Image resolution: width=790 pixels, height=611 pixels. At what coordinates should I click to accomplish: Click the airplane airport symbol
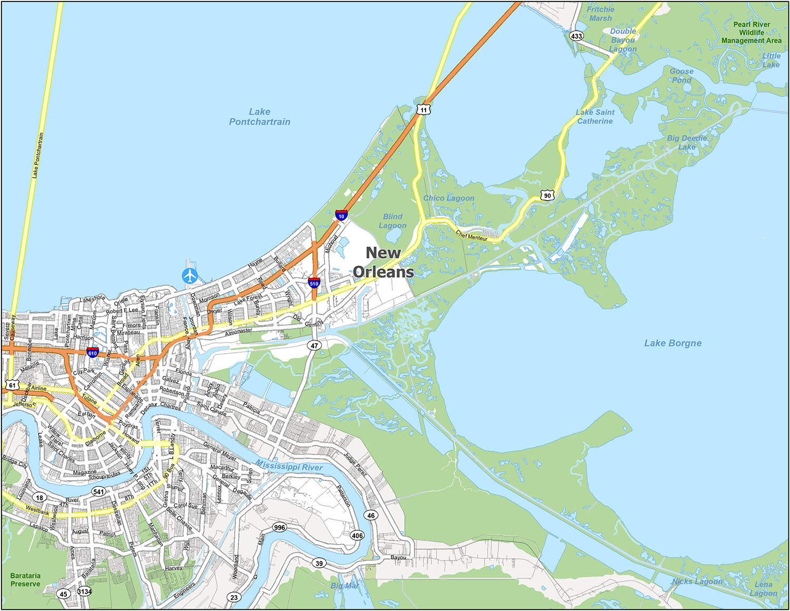click(190, 276)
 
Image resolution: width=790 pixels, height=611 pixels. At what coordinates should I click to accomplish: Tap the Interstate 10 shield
click(341, 215)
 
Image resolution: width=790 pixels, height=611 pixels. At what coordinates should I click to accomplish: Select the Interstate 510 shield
click(314, 283)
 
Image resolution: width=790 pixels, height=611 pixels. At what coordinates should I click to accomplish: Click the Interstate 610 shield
click(93, 352)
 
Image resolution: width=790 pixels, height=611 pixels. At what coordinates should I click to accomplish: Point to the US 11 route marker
click(423, 110)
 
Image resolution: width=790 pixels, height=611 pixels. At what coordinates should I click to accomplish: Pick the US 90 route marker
click(548, 195)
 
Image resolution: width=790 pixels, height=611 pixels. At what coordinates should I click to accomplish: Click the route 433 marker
click(576, 36)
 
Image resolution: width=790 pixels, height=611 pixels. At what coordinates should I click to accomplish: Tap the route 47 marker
click(314, 346)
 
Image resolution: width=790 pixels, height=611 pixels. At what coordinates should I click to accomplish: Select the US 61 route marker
click(12, 385)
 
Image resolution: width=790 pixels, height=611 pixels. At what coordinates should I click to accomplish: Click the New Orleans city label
click(383, 262)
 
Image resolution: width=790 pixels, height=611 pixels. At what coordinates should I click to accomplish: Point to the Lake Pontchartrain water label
click(260, 117)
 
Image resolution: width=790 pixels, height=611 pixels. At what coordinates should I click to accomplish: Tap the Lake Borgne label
click(673, 343)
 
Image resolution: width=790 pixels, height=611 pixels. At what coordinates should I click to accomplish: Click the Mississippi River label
click(289, 465)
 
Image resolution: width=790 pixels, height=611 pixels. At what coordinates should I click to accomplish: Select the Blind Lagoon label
click(392, 221)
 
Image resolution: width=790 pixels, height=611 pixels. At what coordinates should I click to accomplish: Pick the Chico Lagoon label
click(449, 198)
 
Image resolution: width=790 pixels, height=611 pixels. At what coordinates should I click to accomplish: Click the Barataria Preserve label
click(25, 580)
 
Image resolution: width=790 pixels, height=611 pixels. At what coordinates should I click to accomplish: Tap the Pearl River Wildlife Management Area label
click(752, 32)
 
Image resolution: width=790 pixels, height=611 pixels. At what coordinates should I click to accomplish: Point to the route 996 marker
click(279, 527)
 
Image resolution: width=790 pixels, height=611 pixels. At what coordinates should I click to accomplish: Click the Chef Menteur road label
click(471, 236)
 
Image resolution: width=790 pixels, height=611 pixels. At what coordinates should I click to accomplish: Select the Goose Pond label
click(682, 75)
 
